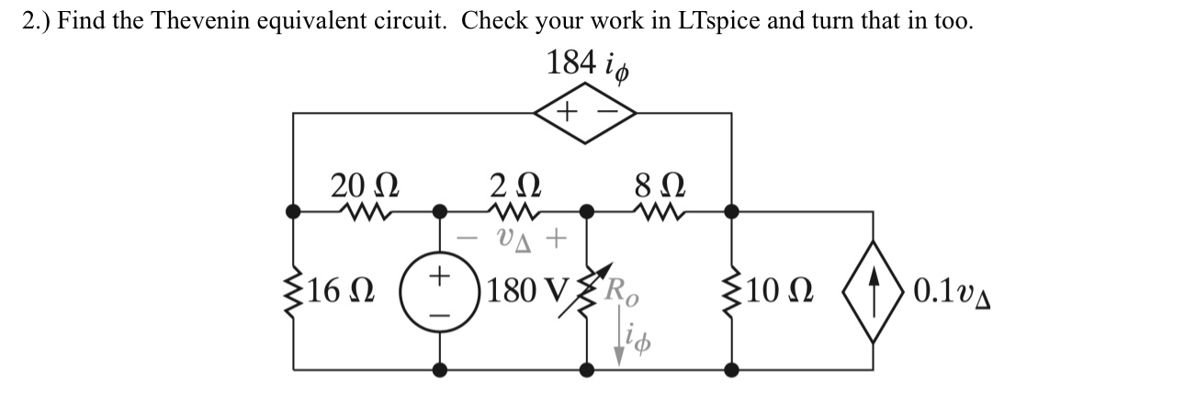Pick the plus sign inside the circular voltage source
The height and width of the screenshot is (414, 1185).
[440, 274]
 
